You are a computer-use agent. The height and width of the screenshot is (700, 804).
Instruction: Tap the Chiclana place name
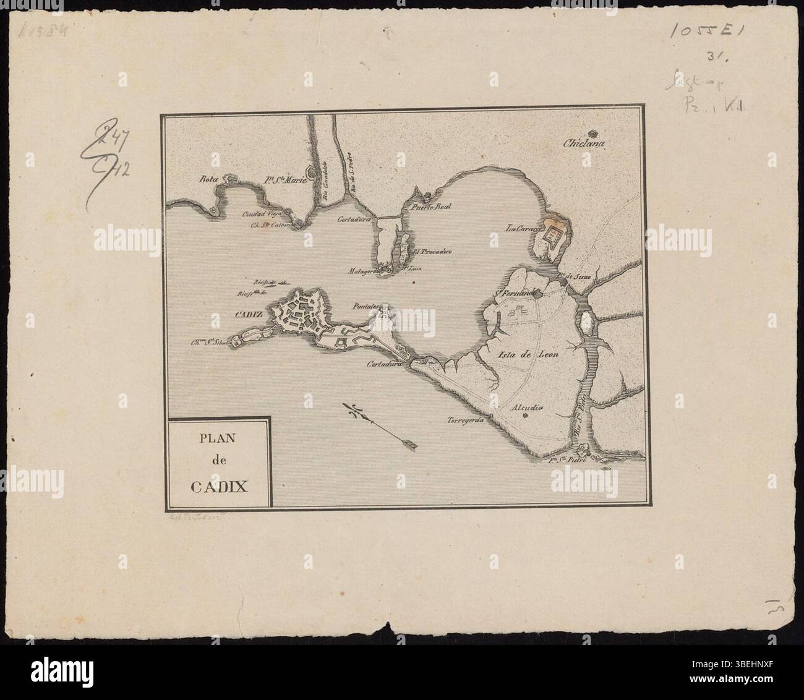583,145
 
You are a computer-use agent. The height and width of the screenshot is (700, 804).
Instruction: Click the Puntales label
365,305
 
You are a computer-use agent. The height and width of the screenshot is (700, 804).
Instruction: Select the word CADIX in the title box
219,485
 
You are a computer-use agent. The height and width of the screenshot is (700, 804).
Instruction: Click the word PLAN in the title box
218,440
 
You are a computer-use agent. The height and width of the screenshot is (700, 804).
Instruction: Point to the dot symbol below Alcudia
524,416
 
